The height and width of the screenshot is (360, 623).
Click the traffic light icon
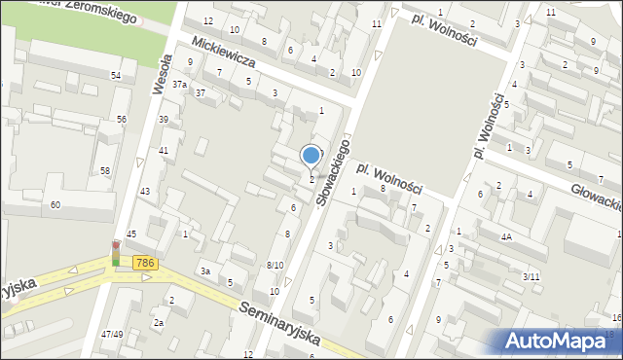[x=116, y=253]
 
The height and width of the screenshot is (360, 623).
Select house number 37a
[x=179, y=85]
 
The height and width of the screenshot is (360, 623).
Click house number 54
[x=116, y=75]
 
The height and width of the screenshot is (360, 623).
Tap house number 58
[x=105, y=170]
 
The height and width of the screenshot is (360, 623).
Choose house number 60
[x=55, y=204]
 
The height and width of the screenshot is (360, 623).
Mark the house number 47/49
[x=112, y=334]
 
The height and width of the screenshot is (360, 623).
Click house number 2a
[x=157, y=322]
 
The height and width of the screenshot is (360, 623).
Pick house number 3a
[x=204, y=270]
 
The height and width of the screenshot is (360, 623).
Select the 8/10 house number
[x=275, y=265]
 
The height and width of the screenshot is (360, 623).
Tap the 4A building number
[x=506, y=236]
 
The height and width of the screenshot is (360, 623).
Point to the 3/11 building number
[x=531, y=277]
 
